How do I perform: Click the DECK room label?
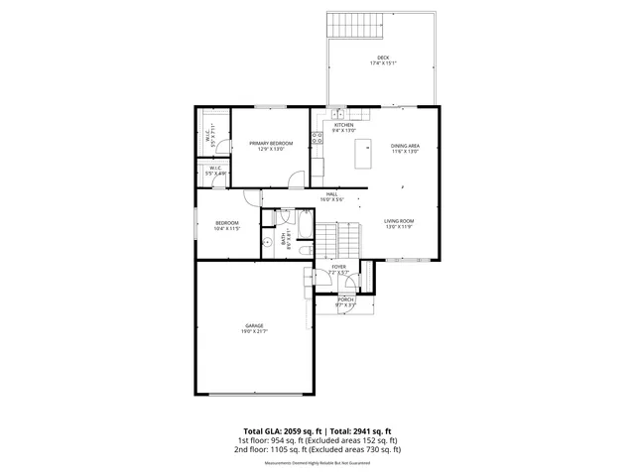(382, 57)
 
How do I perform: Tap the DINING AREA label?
(404, 145)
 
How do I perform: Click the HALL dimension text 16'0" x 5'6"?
(331, 199)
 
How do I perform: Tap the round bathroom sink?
(267, 241)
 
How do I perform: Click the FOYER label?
(338, 267)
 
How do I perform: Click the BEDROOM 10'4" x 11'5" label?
(228, 223)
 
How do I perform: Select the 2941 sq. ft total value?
(373, 430)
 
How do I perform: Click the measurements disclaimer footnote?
(317, 462)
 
